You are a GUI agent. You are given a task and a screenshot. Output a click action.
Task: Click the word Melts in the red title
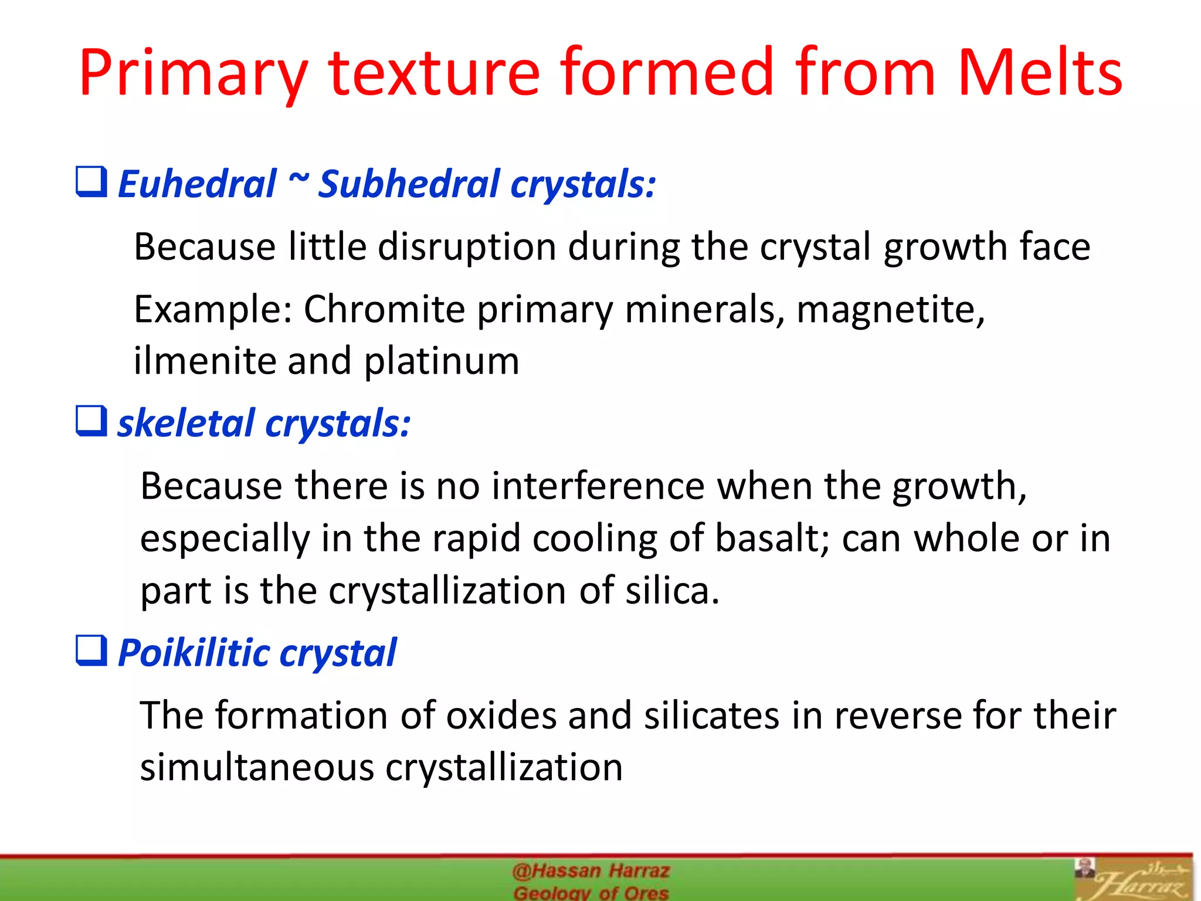1039,73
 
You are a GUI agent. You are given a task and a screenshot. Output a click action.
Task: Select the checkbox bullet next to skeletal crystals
91,421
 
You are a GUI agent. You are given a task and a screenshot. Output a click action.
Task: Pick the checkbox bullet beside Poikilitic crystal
91,651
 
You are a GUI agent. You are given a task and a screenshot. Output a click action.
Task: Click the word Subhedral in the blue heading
408,184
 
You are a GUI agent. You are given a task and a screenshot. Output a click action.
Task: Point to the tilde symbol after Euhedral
298,178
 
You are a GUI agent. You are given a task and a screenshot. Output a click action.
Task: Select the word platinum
442,361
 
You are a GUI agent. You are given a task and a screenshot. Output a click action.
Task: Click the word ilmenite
205,361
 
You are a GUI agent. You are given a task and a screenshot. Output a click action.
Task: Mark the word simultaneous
257,767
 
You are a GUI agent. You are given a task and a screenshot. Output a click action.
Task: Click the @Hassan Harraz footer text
591,871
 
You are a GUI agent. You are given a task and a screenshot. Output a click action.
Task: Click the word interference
598,486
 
